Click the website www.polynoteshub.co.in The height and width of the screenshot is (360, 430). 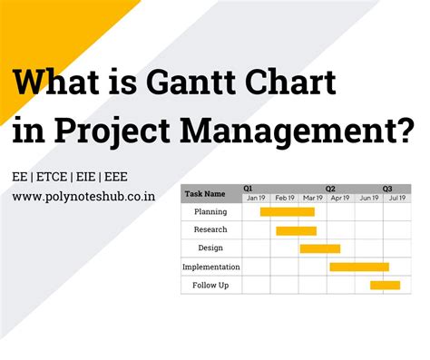tap(84, 195)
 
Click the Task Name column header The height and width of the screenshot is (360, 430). tap(204, 193)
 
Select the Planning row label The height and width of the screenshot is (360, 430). tap(210, 211)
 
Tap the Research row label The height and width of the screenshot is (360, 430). tap(210, 229)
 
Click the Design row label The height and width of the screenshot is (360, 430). tap(210, 248)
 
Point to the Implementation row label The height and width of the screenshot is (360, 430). tap(210, 267)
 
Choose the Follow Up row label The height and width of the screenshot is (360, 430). tap(210, 285)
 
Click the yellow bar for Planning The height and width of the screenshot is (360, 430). tap(287, 211)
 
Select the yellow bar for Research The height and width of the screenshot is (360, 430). tap(296, 230)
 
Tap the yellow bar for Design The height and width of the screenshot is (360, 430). tap(319, 248)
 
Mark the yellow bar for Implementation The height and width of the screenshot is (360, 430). tap(358, 267)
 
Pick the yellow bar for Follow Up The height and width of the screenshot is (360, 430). tap(385, 286)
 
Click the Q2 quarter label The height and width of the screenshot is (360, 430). tap(330, 188)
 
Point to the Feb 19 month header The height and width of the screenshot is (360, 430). tap(285, 197)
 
